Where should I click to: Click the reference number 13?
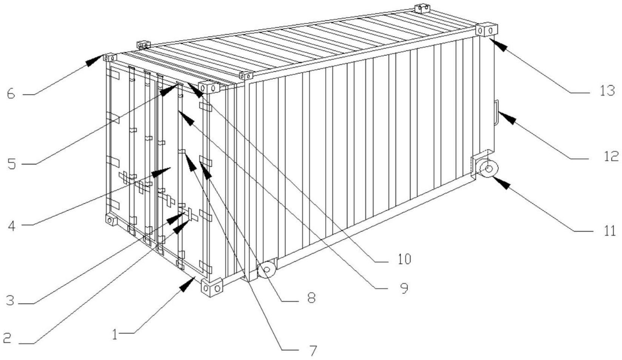tap(607, 91)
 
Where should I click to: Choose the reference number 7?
tap(313, 351)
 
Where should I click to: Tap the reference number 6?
tap(11, 94)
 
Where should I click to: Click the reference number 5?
tap(12, 164)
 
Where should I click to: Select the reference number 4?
tap(12, 226)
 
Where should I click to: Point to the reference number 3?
tap(10, 300)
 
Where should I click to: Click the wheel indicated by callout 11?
tap(488, 169)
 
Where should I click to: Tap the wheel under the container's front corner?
tap(267, 270)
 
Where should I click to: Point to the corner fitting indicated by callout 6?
tap(110, 57)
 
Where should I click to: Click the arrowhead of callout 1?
tap(188, 284)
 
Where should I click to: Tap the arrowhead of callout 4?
tap(161, 172)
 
